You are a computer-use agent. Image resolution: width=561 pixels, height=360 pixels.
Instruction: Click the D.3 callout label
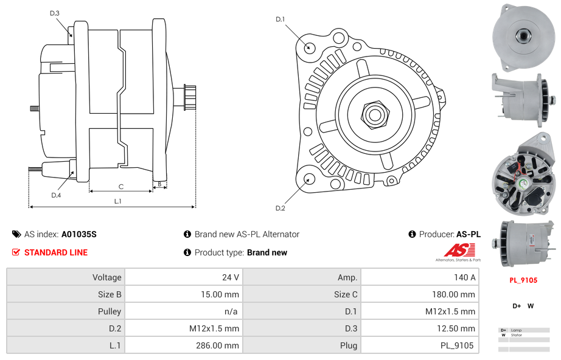click(x=55, y=13)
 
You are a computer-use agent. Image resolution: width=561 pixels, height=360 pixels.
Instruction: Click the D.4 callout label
click(x=56, y=195)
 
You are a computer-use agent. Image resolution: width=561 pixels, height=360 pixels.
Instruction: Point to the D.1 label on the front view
click(x=280, y=19)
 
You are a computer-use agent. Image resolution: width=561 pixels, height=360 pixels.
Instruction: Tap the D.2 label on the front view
click(x=280, y=209)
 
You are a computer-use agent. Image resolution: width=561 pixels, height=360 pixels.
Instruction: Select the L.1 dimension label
click(x=118, y=201)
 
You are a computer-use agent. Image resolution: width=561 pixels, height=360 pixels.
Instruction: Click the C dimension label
click(x=121, y=186)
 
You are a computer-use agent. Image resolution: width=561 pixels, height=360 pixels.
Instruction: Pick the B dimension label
click(x=159, y=183)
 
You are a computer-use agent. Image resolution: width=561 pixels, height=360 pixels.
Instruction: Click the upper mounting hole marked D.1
click(x=309, y=47)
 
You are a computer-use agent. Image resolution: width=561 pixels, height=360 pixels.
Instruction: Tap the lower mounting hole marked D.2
click(x=309, y=179)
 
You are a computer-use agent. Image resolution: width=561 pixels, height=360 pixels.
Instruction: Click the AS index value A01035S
click(x=79, y=234)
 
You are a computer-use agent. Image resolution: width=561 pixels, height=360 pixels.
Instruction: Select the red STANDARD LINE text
click(x=56, y=252)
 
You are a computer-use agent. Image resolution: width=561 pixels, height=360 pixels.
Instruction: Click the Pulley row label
click(x=110, y=311)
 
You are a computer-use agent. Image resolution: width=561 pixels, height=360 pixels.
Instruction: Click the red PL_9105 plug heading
click(x=523, y=280)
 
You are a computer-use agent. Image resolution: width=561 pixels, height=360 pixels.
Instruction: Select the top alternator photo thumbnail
click(x=523, y=35)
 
